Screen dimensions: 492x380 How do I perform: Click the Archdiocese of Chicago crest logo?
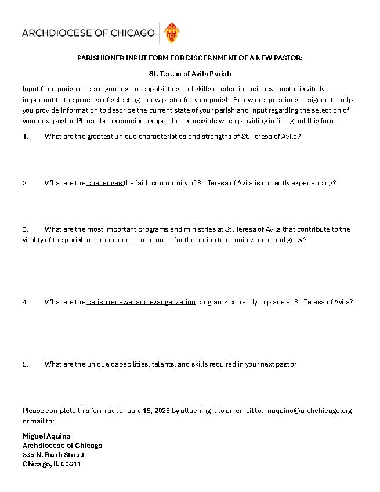click(x=172, y=33)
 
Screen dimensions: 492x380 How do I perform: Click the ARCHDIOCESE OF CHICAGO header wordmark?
click(x=88, y=33)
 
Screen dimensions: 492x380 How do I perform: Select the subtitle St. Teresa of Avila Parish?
click(x=190, y=74)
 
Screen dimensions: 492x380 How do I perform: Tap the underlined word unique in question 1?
click(x=125, y=137)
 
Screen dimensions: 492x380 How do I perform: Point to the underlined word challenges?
click(x=105, y=183)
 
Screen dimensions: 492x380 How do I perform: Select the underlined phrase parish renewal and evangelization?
click(x=141, y=302)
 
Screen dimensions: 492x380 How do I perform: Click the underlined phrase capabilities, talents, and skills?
click(x=159, y=364)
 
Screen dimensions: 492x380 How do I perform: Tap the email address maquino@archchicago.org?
click(x=308, y=411)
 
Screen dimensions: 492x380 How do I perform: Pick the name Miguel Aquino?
click(x=46, y=436)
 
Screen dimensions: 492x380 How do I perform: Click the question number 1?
click(x=25, y=137)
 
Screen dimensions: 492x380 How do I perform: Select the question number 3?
click(x=26, y=229)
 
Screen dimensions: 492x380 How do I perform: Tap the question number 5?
click(x=26, y=364)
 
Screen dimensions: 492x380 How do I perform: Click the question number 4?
click(x=26, y=302)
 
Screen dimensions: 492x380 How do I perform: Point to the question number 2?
click(x=26, y=183)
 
